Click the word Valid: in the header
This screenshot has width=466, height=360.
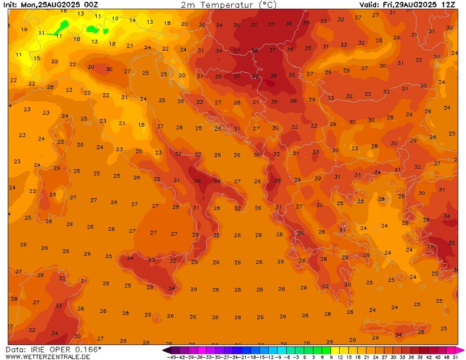372,5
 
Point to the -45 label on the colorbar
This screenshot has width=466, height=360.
172,357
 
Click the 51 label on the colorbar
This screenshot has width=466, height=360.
455,357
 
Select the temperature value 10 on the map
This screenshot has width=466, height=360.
115,19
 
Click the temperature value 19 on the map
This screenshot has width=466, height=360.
24,30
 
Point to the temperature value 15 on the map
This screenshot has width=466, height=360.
37,58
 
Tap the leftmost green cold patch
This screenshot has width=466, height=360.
61,27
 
